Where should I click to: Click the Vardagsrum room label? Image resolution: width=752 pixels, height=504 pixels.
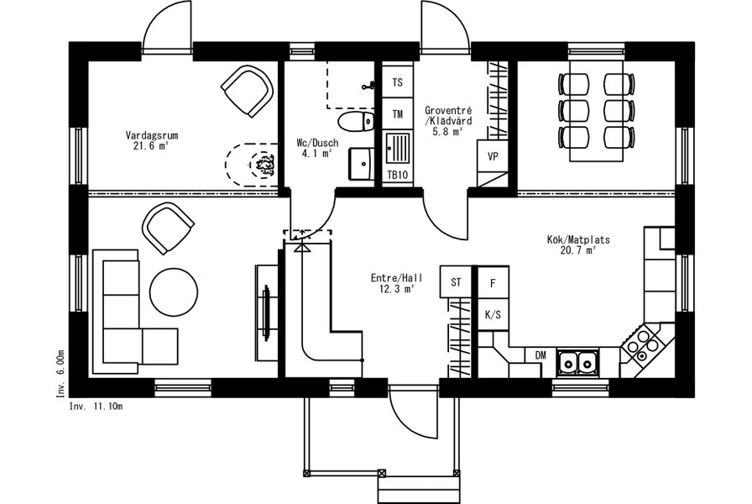coord(152,135)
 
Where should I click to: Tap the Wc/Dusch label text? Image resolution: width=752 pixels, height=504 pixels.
coord(317,143)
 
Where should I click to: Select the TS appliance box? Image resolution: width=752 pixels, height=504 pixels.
coord(398,82)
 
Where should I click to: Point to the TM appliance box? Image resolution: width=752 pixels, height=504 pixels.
coord(398,114)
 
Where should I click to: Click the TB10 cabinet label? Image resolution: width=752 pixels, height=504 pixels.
coord(398,175)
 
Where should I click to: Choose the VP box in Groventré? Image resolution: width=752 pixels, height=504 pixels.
coord(493,156)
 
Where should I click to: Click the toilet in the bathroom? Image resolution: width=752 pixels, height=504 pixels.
coord(356,122)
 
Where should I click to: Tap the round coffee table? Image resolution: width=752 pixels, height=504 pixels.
coord(174,291)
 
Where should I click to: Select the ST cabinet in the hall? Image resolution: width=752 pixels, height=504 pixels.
coord(456,282)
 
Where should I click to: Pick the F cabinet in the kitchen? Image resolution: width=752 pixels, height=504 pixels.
coord(493,283)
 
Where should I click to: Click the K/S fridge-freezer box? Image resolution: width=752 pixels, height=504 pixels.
coord(493,315)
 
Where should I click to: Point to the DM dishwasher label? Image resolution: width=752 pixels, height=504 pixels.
coord(540,355)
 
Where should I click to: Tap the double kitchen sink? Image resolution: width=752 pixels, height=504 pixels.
coord(577,362)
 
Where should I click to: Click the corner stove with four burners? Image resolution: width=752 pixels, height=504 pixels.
coord(642,344)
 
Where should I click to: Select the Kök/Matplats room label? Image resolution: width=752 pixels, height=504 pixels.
coord(578,239)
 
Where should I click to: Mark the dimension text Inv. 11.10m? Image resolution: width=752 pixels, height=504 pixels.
coord(96,407)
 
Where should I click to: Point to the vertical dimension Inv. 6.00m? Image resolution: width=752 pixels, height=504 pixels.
coord(60,374)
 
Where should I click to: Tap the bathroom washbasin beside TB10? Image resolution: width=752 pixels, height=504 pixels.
coord(362,164)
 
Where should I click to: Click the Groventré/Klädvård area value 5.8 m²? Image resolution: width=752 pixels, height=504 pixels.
coord(447,132)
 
